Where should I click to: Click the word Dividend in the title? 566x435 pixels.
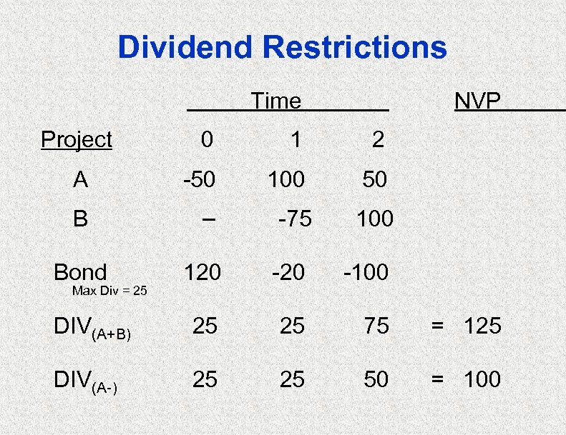pos(185,49)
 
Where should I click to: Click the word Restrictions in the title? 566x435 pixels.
pos(355,49)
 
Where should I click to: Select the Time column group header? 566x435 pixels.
pos(276,101)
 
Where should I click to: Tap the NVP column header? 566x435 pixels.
pos(478,101)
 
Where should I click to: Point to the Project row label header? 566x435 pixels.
pos(77,139)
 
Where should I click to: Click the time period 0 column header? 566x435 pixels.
pos(206,139)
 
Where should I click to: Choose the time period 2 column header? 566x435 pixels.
pos(378,139)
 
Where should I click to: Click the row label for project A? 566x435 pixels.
pos(81,179)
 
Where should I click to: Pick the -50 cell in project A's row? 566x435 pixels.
pos(199,179)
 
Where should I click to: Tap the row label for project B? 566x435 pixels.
pos(81,218)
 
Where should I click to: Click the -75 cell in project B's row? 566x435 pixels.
pos(294,219)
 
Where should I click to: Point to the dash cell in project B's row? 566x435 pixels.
pos(208,218)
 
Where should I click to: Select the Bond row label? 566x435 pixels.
pos(80,272)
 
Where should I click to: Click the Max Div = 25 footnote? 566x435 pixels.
pos(110,291)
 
